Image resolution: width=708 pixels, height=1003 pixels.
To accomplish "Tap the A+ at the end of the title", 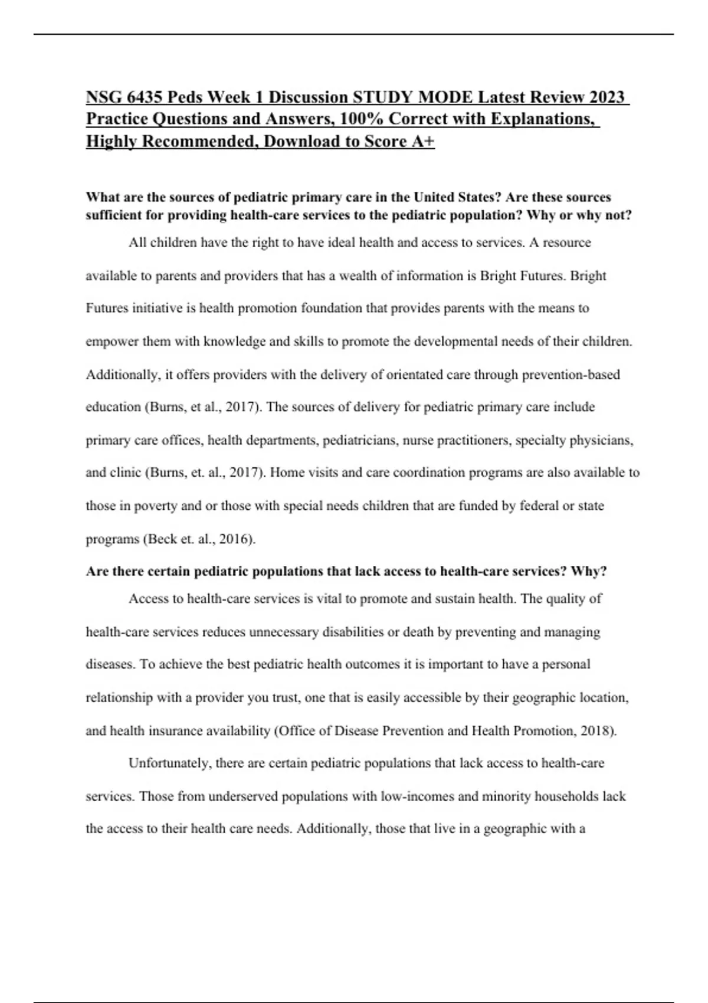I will (x=421, y=142).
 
